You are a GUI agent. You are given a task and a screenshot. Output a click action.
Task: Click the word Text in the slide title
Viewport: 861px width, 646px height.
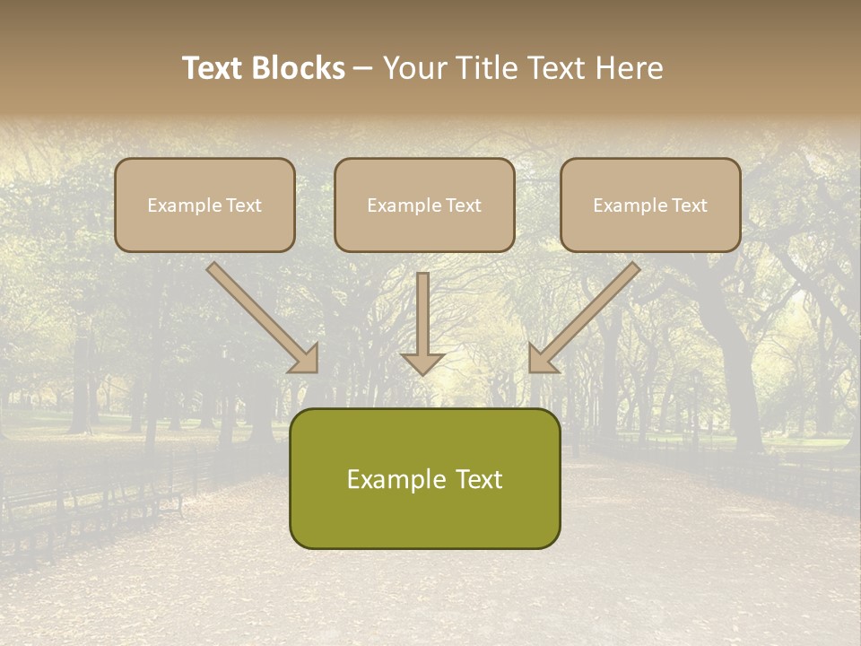point(212,68)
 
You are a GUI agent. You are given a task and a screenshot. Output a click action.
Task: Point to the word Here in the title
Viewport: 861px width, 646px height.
point(631,68)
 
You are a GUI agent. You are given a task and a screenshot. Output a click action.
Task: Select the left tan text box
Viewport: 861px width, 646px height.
point(204,205)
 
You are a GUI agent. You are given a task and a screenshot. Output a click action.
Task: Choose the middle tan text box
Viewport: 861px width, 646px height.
point(424,205)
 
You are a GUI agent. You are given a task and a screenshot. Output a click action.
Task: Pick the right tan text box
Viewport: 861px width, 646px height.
point(650,205)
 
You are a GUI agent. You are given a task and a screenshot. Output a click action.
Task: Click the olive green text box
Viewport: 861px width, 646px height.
point(424,478)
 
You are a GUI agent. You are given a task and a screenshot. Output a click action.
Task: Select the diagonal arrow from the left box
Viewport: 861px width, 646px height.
point(260,314)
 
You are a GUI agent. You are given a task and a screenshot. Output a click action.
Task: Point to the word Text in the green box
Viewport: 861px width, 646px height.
point(478,479)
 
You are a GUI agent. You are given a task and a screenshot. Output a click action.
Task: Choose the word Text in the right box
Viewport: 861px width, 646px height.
point(689,205)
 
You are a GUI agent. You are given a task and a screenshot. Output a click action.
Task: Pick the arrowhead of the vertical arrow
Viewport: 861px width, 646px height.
point(422,362)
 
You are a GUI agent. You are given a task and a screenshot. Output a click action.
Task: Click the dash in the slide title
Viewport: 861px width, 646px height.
point(364,68)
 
